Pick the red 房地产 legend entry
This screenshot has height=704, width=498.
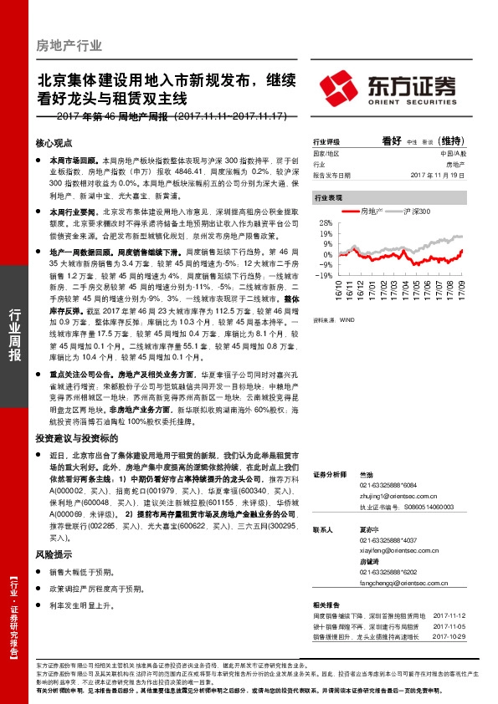pos(367,212)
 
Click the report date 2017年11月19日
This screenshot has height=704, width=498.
pos(435,175)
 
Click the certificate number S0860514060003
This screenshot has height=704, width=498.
pos(417,506)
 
